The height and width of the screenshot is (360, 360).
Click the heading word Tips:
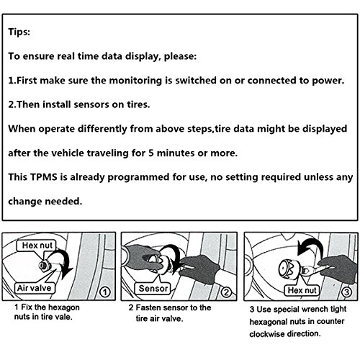(x=19, y=32)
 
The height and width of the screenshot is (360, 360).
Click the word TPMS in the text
(x=44, y=177)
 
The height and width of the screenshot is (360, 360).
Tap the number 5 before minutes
(x=151, y=153)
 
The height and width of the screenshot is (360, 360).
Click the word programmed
(x=138, y=178)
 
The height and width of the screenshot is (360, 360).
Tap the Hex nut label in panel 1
(x=37, y=246)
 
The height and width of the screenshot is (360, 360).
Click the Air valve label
(x=34, y=288)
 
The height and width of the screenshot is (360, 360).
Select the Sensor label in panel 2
(x=153, y=288)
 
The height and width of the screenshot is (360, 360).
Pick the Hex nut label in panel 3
(x=302, y=290)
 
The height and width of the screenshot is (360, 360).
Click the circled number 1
(x=105, y=292)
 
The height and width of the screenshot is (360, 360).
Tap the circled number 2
(x=226, y=292)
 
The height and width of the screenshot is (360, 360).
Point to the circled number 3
(x=347, y=292)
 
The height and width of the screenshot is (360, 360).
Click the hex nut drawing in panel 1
(x=44, y=266)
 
